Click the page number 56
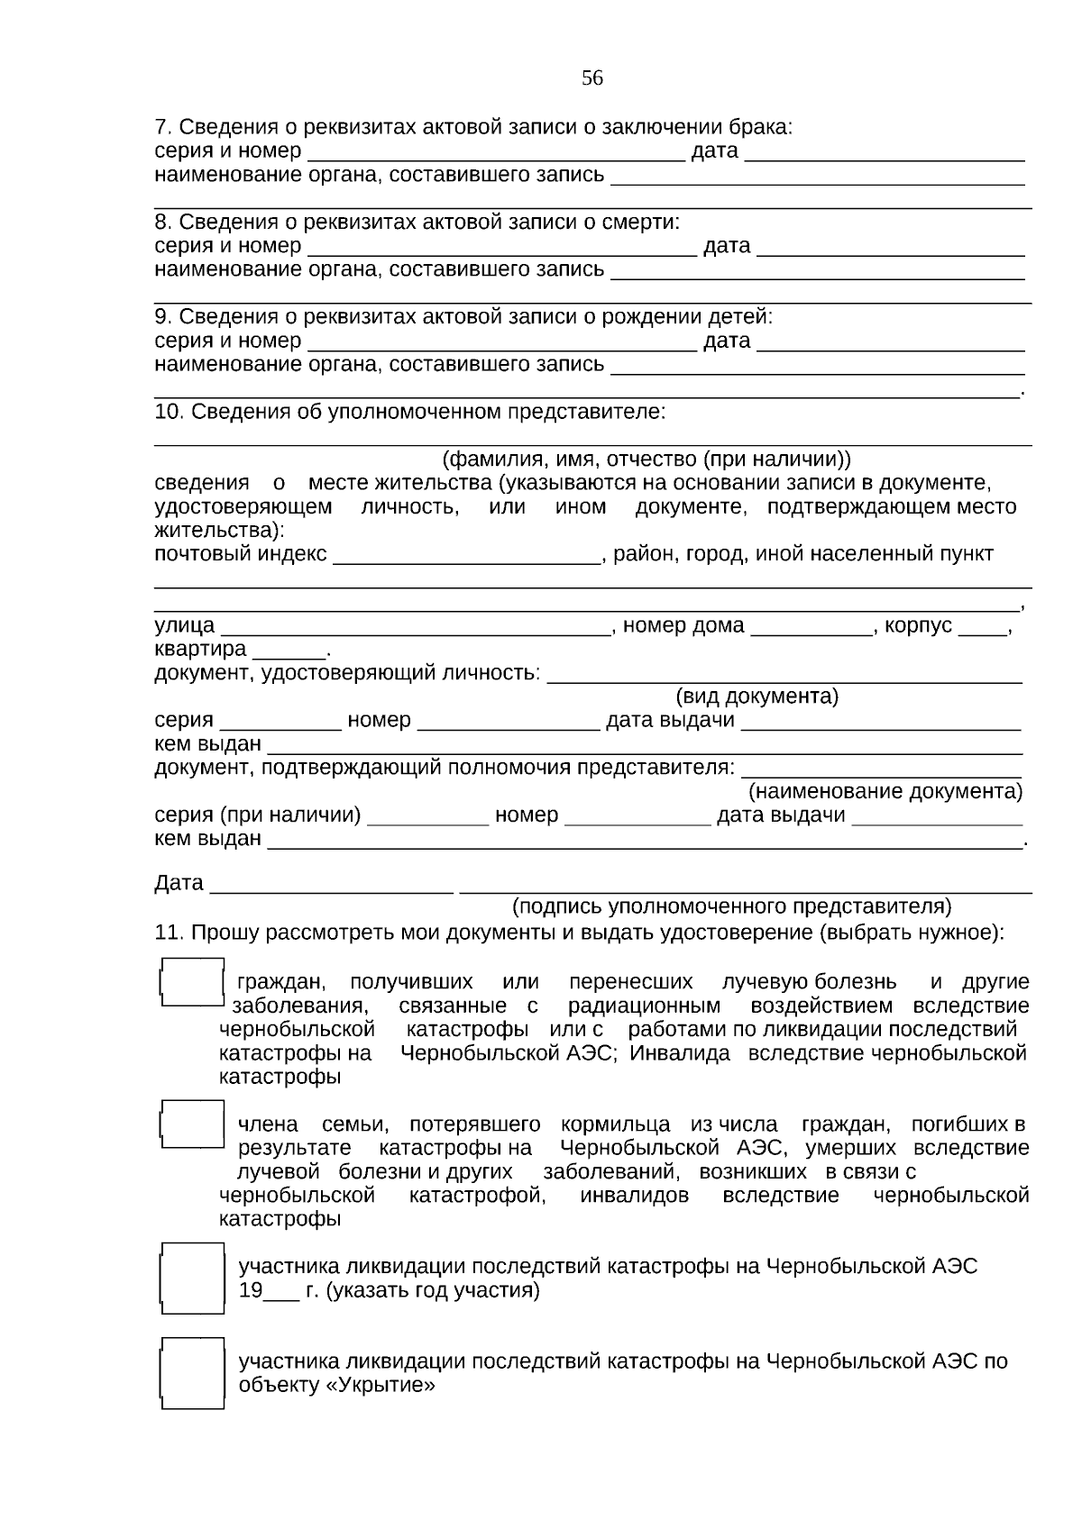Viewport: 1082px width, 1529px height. [x=591, y=78]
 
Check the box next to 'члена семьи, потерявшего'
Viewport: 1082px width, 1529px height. [x=192, y=1124]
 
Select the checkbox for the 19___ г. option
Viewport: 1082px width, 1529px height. [x=192, y=1277]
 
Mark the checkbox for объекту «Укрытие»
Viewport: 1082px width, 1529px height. [x=192, y=1373]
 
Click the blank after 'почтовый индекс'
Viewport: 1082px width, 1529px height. [x=466, y=555]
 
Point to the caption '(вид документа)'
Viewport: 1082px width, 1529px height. [x=756, y=696]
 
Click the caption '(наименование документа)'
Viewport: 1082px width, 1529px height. [x=886, y=792]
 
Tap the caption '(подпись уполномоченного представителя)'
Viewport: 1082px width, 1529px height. [x=731, y=906]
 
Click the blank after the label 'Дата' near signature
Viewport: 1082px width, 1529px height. [x=330, y=884]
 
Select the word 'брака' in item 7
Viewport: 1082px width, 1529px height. [x=761, y=127]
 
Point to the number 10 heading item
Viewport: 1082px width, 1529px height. [x=169, y=412]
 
